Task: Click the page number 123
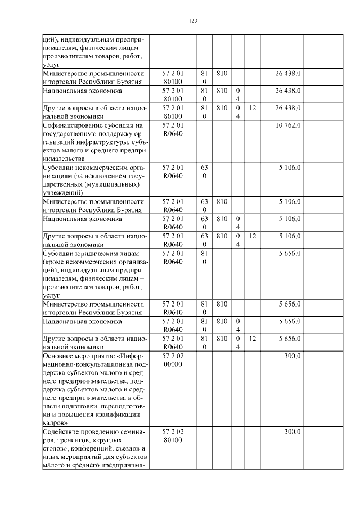pos(192,21)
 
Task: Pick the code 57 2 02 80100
pos(173,435)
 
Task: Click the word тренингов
pos(75,440)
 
